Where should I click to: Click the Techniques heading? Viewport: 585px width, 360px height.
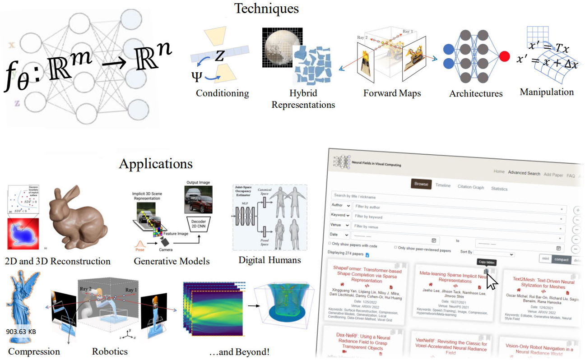tap(266, 8)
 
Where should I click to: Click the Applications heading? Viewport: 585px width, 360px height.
tap(156, 163)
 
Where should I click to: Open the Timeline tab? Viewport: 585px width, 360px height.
tap(443, 185)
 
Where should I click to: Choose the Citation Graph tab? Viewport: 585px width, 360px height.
tap(471, 187)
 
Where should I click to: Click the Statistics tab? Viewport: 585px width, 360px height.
tap(499, 189)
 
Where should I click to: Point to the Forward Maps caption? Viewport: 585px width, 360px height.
tap(392, 93)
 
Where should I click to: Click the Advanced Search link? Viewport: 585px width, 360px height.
tap(524, 173)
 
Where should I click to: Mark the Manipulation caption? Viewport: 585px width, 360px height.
tap(547, 92)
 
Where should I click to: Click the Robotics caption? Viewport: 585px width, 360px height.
tap(110, 351)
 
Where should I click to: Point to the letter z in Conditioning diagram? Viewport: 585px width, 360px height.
tap(219, 55)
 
